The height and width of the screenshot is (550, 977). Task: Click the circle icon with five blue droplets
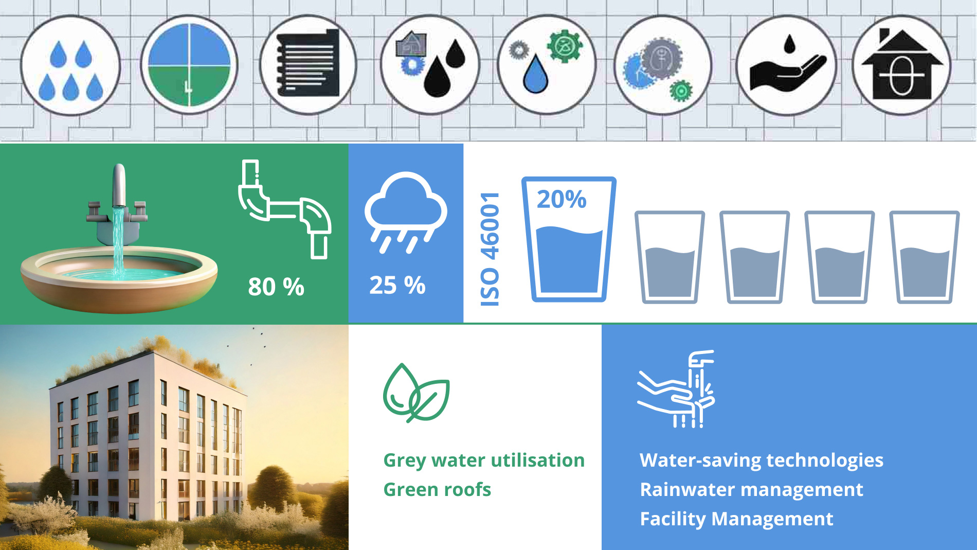pos(70,65)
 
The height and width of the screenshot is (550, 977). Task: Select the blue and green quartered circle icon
pos(189,65)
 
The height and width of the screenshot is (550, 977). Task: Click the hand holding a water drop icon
pos(786,65)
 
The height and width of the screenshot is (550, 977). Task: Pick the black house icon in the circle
pos(902,65)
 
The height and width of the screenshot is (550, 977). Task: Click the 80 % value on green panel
pos(276,287)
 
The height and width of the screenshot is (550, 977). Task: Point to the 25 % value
pos(397,285)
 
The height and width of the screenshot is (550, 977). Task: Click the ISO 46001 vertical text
pos(490,249)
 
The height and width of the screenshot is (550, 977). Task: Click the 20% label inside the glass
pos(562,199)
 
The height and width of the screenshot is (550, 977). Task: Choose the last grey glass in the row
pos(924,257)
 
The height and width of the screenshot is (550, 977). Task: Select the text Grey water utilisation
pos(484,460)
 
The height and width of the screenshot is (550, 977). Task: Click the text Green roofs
pos(437,489)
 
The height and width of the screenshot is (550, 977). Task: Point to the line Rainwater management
pos(751,489)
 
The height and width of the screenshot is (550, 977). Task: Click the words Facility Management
pos(736,519)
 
